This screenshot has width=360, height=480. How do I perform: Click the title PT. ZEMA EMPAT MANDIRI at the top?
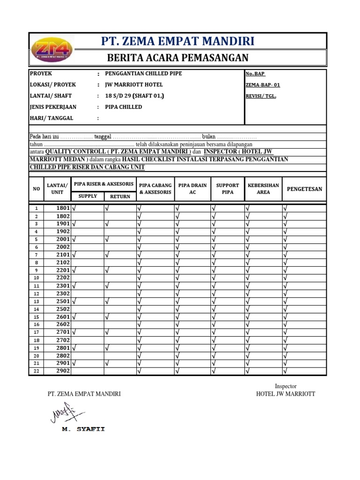[x=178, y=41]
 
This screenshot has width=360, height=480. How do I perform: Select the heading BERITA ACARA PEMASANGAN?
[x=178, y=58]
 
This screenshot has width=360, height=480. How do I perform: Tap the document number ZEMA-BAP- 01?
[x=262, y=85]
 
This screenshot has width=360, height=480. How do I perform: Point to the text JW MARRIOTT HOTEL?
[x=134, y=85]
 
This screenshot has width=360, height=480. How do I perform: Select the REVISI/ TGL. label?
[x=261, y=96]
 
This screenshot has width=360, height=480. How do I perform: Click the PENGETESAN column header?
[x=304, y=189]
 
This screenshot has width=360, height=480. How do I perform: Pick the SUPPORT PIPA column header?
[x=227, y=189]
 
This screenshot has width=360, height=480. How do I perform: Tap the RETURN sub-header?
[x=120, y=196]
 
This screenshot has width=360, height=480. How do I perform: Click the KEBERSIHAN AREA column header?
[x=263, y=189]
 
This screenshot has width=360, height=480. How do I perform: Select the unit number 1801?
[x=63, y=208]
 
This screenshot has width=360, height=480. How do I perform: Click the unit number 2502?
[x=63, y=309]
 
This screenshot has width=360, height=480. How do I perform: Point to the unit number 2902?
[x=63, y=371]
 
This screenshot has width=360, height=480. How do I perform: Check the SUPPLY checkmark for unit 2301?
[x=75, y=285]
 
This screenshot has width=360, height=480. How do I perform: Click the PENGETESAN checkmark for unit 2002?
[x=285, y=247]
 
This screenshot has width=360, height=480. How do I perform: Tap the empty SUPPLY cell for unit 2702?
[x=88, y=340]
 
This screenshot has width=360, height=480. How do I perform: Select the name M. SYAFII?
[x=83, y=429]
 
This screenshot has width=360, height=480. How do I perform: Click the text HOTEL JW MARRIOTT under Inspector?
[x=285, y=394]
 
